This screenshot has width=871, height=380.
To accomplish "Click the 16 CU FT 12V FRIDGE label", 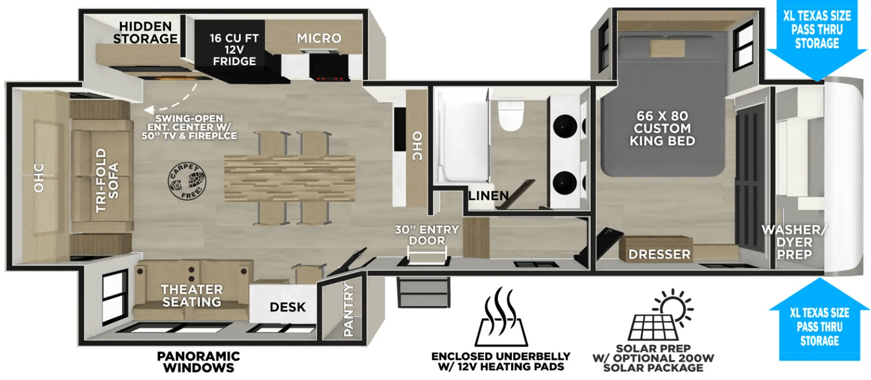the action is tap(234, 50).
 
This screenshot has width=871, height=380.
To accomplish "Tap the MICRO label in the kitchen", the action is tap(319, 38).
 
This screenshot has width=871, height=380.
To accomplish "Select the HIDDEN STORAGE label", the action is tap(146, 33).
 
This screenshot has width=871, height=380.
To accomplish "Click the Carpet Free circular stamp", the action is tap(187, 181).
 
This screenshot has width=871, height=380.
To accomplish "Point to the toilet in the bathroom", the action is tap(511, 116).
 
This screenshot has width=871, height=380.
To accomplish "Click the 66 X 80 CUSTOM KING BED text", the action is tap(662, 128).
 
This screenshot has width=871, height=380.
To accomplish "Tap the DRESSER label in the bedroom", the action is tap(660, 254).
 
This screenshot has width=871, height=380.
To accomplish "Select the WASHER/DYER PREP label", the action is tap(794, 243).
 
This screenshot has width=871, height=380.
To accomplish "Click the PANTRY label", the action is tap(348, 310).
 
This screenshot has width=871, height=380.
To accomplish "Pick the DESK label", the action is tap(288, 307).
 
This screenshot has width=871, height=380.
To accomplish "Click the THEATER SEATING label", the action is tap(192, 296).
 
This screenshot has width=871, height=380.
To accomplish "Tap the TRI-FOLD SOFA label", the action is tap(107, 180).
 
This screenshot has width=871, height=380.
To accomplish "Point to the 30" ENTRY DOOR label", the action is tap(427, 235).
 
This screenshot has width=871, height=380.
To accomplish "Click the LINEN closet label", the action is tap(489, 196).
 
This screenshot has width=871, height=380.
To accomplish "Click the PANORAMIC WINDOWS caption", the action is tap(198, 362).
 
